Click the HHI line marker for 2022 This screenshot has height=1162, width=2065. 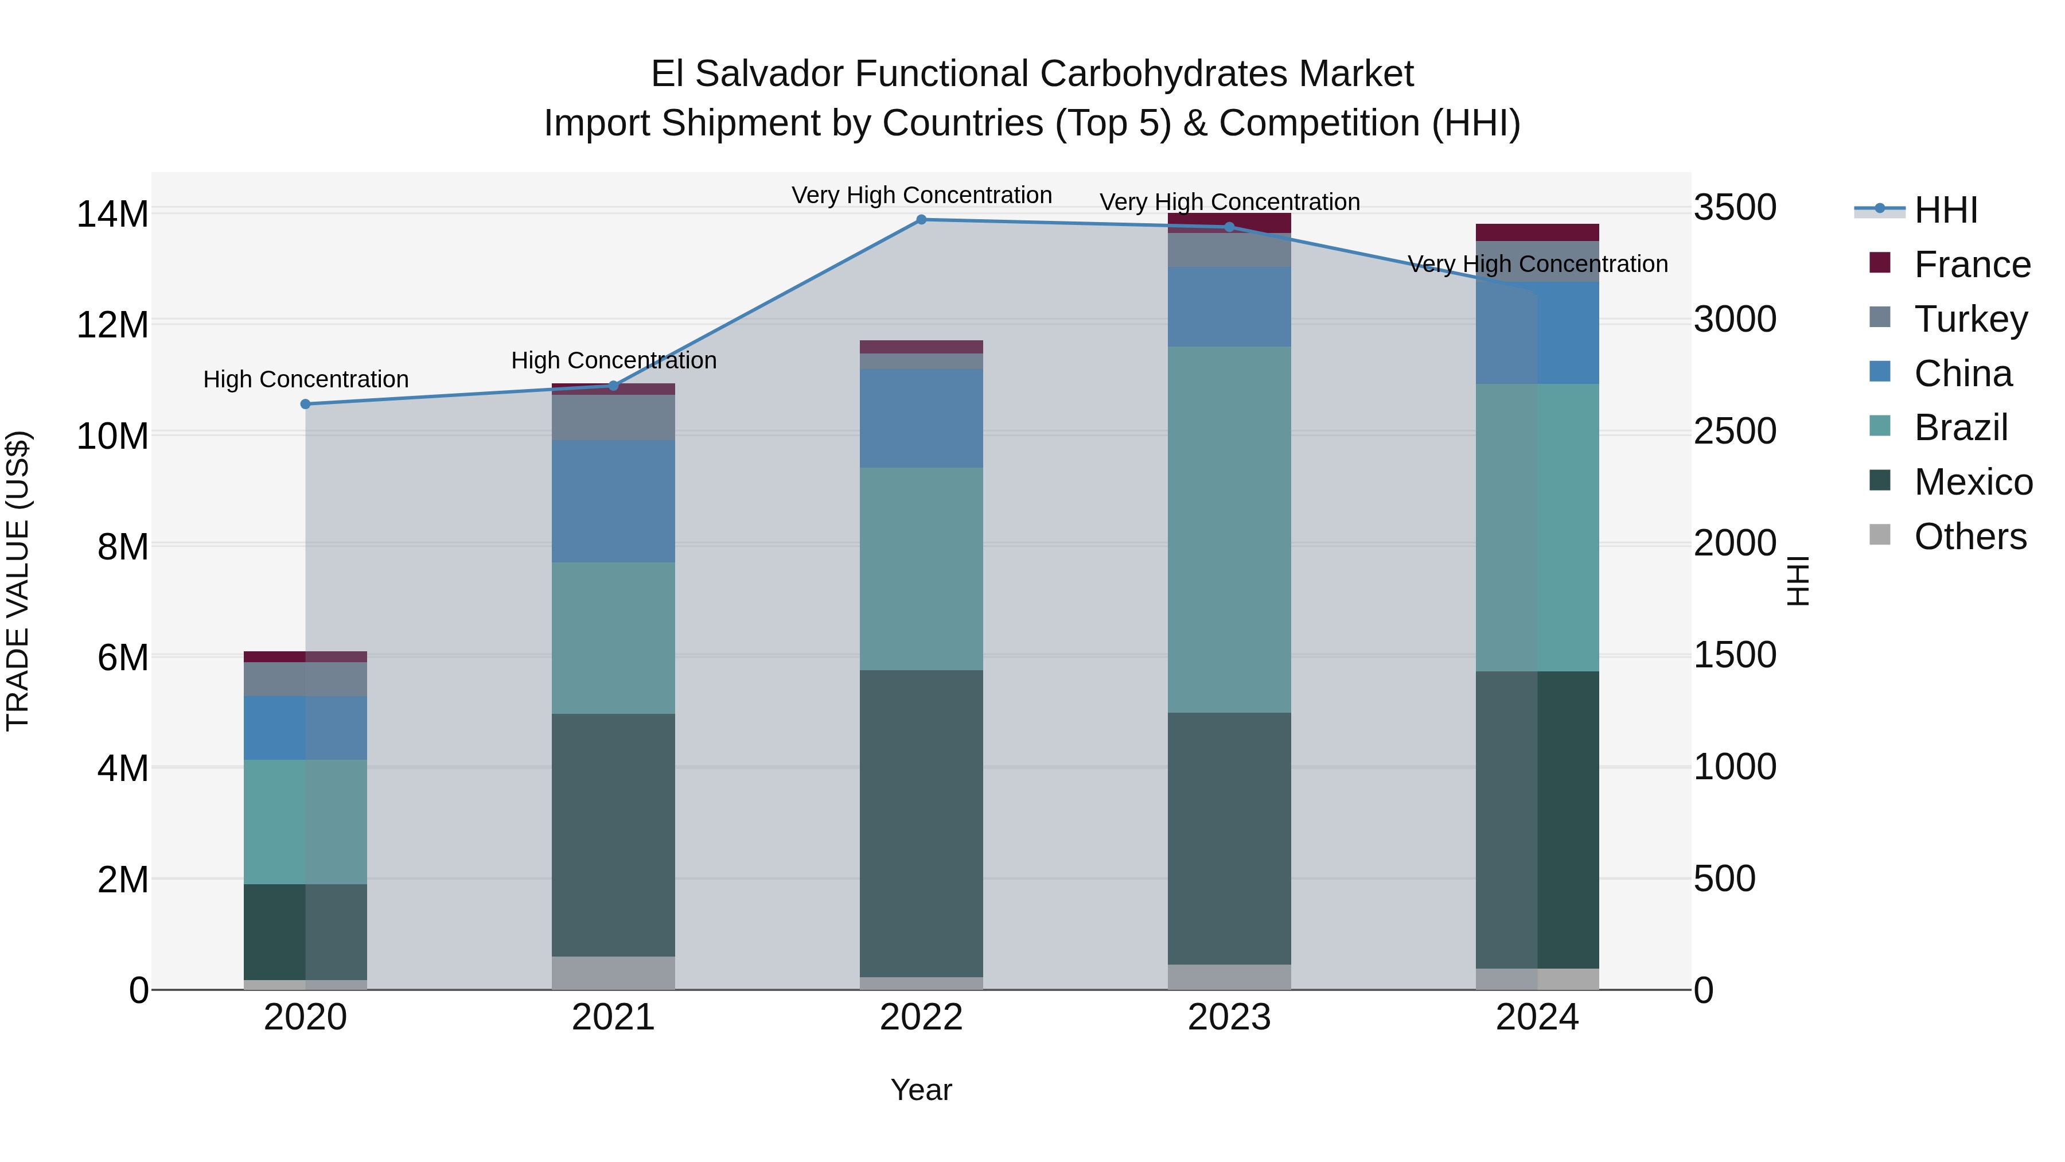(x=921, y=220)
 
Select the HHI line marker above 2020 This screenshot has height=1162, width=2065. (x=305, y=404)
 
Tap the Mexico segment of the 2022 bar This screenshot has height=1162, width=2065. (x=921, y=823)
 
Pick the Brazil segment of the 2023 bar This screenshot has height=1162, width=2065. (x=1229, y=529)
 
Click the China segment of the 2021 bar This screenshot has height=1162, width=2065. (x=613, y=501)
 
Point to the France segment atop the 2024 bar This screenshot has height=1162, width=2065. (x=1537, y=232)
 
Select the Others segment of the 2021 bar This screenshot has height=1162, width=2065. (x=613, y=973)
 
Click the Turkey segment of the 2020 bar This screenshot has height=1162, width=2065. (x=305, y=679)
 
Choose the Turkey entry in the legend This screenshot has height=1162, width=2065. (x=1970, y=319)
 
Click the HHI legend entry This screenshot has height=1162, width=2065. (x=1946, y=210)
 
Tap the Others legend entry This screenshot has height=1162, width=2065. (x=1970, y=537)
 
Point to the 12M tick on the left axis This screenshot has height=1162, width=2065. (x=112, y=325)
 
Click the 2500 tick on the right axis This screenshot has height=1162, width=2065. (x=1735, y=432)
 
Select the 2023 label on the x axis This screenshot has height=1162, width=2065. (x=1229, y=1017)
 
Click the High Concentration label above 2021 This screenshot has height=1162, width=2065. (x=613, y=361)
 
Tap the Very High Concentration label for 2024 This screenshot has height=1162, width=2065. (x=1537, y=264)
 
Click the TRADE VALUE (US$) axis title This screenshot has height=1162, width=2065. (x=18, y=581)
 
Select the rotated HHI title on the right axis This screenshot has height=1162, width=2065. (x=1798, y=581)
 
